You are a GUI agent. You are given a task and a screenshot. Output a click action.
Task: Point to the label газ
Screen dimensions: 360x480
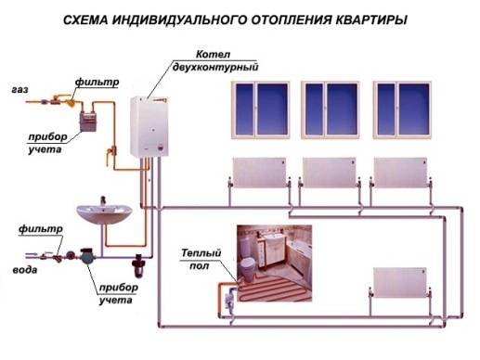point(19,91)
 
